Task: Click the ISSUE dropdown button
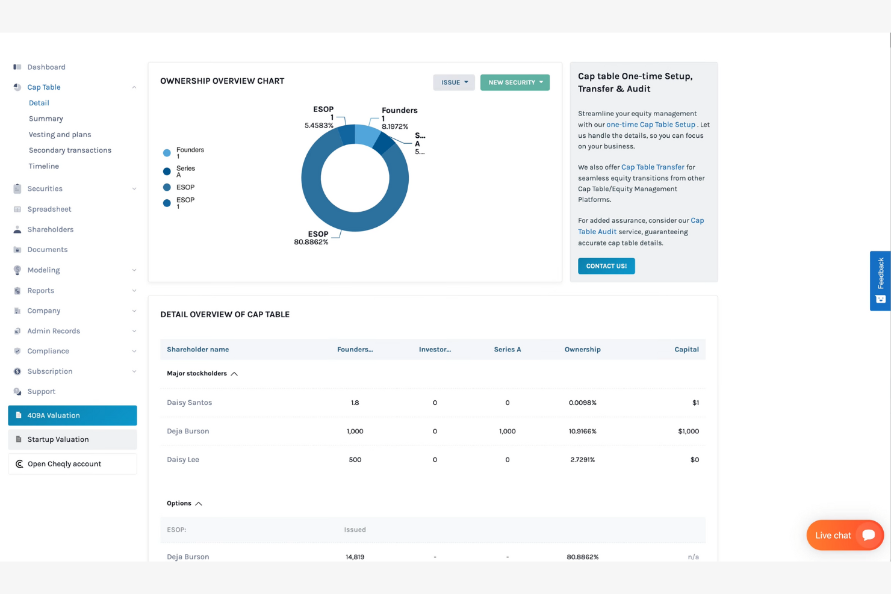(453, 82)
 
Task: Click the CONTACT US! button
(606, 266)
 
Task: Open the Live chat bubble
(844, 535)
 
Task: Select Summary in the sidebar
(46, 119)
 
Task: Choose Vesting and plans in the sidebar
(60, 134)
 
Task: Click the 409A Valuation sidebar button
(72, 415)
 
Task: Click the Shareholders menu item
(50, 229)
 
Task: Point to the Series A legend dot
(167, 172)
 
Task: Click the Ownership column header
(582, 350)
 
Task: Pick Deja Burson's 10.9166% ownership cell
(582, 432)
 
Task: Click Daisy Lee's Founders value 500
(355, 460)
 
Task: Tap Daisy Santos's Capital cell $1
(695, 403)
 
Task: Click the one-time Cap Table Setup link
(650, 125)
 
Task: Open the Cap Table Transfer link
(652, 167)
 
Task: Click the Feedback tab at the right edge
(880, 280)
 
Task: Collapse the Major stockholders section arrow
(234, 374)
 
